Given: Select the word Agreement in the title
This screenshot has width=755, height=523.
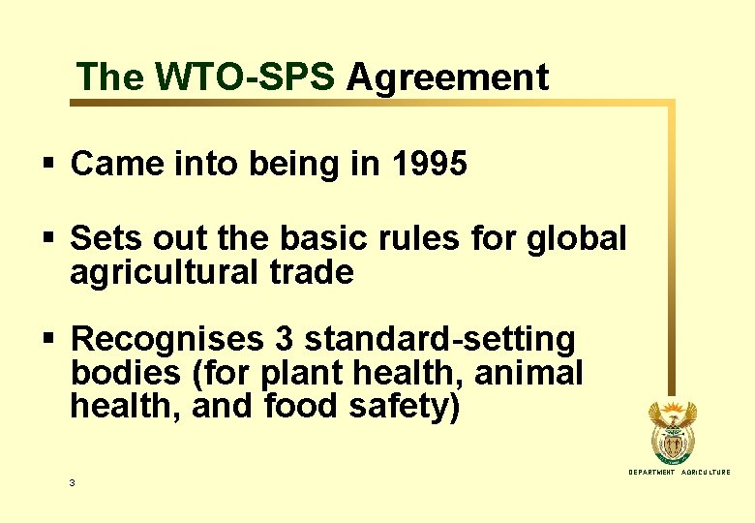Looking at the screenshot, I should point(448,77).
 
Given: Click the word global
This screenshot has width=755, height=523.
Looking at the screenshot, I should point(578,238).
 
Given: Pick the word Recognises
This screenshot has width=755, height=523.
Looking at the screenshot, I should point(167,340).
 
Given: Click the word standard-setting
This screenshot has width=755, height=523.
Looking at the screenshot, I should point(439,340).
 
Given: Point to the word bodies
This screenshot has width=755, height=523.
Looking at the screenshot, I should point(122,373).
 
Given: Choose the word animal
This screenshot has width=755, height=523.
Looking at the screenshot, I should point(537,373).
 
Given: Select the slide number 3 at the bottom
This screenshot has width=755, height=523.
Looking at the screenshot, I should point(73,482).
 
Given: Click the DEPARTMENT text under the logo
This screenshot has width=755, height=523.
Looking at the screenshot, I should point(651,472).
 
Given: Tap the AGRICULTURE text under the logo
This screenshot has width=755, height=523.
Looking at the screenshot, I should point(707,472).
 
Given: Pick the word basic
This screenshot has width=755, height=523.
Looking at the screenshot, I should point(319,238).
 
